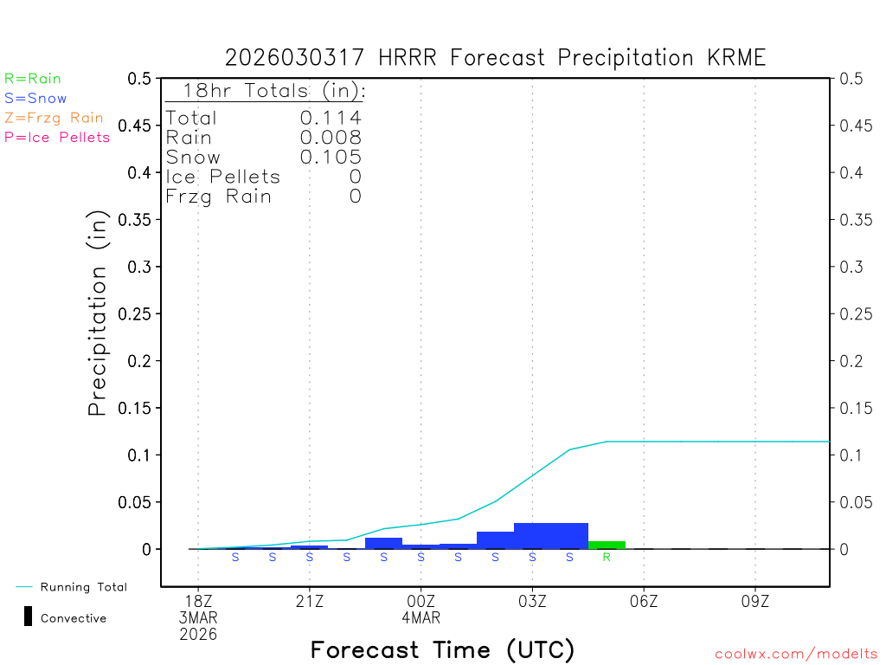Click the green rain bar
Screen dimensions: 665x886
pos(607,545)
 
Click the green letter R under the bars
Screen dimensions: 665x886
pos(607,558)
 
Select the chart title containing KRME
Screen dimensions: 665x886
pos(495,58)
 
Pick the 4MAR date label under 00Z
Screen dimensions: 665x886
pos(421,618)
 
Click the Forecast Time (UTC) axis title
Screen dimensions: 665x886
pos(442,649)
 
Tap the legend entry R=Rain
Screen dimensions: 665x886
pos(33,79)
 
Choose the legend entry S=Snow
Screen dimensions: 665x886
pos(35,99)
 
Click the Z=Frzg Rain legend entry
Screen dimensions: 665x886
pos(54,118)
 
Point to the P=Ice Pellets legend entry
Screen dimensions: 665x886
pos(57,137)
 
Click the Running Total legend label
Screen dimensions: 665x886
pos(83,587)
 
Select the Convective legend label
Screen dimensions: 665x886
pos(74,618)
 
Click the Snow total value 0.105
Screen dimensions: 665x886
pos(331,157)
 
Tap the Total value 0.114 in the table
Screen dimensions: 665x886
pos(331,118)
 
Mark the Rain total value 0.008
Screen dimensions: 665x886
pos(331,137)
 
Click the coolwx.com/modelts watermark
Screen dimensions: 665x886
pos(796,654)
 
